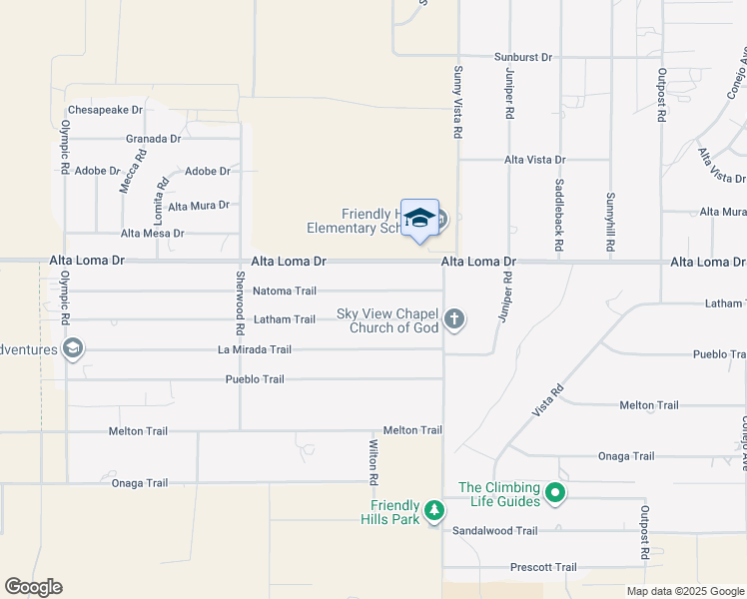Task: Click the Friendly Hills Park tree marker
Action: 434,511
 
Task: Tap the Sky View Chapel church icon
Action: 454,319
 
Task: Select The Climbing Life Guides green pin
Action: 556,492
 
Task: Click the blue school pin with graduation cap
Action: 420,219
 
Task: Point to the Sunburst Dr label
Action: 523,57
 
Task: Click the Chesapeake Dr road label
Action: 105,110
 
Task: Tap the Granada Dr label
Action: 153,139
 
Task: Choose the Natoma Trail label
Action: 284,292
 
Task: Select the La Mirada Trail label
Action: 255,349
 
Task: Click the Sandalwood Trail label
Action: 495,531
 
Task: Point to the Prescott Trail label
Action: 543,567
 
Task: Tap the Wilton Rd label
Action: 373,462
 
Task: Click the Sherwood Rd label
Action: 240,302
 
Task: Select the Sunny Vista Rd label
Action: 457,102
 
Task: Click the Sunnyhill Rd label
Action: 610,223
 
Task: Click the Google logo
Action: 33,587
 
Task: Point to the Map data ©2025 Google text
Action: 685,591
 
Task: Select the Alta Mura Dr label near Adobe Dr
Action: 199,206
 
